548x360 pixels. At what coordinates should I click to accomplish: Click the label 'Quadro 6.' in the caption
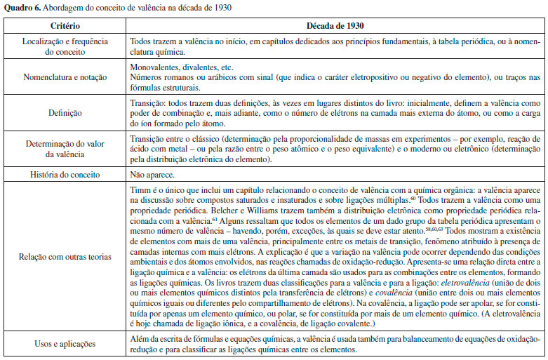tap(20, 8)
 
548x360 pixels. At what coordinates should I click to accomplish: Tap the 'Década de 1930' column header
tap(334, 26)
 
